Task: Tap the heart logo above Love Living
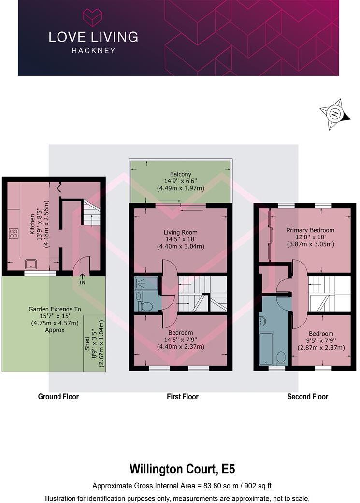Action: click(x=93, y=17)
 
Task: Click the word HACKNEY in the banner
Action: click(x=93, y=50)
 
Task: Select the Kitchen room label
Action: click(x=33, y=224)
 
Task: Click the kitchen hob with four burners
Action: click(x=14, y=234)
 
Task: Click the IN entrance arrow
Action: click(x=82, y=280)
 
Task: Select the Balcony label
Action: click(x=180, y=174)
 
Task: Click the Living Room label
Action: click(x=180, y=232)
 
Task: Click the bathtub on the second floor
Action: click(x=266, y=347)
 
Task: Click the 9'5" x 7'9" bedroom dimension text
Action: click(x=321, y=340)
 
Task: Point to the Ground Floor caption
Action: click(x=58, y=397)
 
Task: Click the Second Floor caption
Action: click(x=307, y=397)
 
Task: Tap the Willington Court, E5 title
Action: click(x=182, y=469)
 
